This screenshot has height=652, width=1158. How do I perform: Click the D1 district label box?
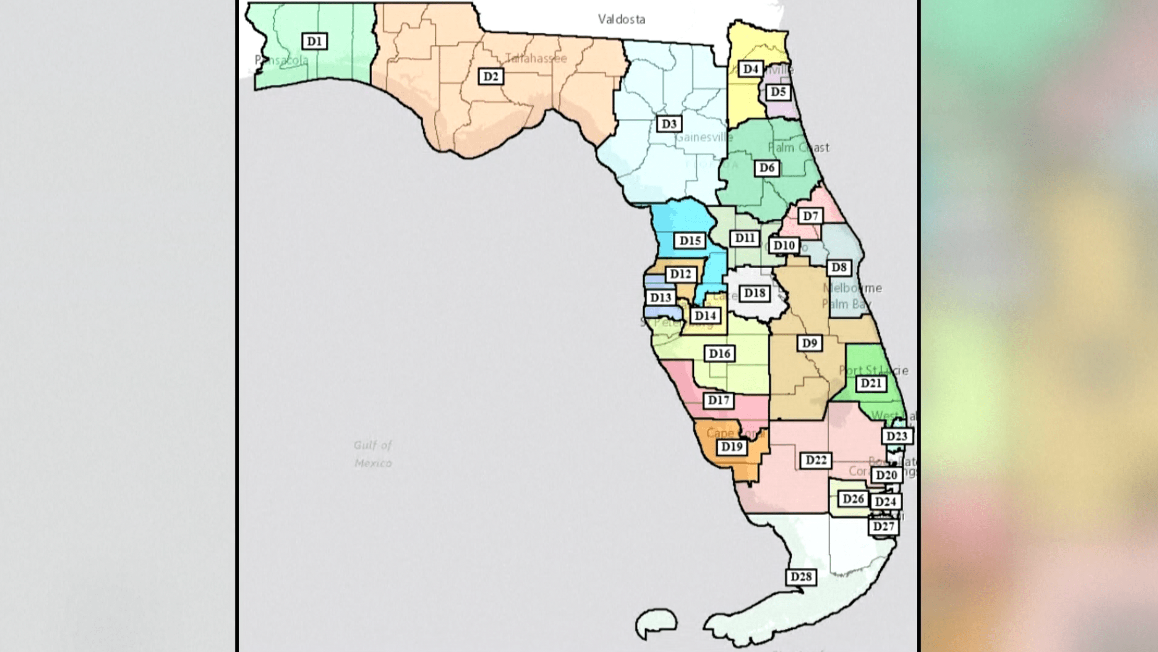(x=314, y=41)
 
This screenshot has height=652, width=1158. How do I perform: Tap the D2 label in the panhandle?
(x=491, y=77)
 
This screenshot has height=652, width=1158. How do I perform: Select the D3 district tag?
(x=669, y=124)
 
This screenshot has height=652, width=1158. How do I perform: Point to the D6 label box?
(x=767, y=168)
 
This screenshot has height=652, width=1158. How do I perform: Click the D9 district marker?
(x=810, y=343)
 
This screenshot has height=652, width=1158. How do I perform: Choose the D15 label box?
(x=690, y=241)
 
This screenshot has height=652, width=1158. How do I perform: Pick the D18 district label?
(x=755, y=293)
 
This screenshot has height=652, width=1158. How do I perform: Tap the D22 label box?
(x=816, y=460)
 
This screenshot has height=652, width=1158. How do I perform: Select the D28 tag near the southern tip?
(x=801, y=576)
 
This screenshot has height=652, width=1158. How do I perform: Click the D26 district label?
(x=853, y=499)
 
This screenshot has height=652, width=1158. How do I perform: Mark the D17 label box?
(x=718, y=400)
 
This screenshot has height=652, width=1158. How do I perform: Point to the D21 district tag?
(x=871, y=383)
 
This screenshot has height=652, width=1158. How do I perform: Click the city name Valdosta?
(x=621, y=19)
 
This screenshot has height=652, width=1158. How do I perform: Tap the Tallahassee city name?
(x=536, y=58)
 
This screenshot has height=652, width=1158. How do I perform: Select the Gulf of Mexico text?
(x=373, y=454)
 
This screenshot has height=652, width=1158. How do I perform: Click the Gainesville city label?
(x=703, y=137)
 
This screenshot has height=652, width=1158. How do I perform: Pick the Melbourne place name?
(x=852, y=288)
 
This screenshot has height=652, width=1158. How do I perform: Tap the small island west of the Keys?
(x=656, y=622)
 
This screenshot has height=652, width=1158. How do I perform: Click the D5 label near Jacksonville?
(x=778, y=92)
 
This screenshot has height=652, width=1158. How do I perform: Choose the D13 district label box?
(x=660, y=297)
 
